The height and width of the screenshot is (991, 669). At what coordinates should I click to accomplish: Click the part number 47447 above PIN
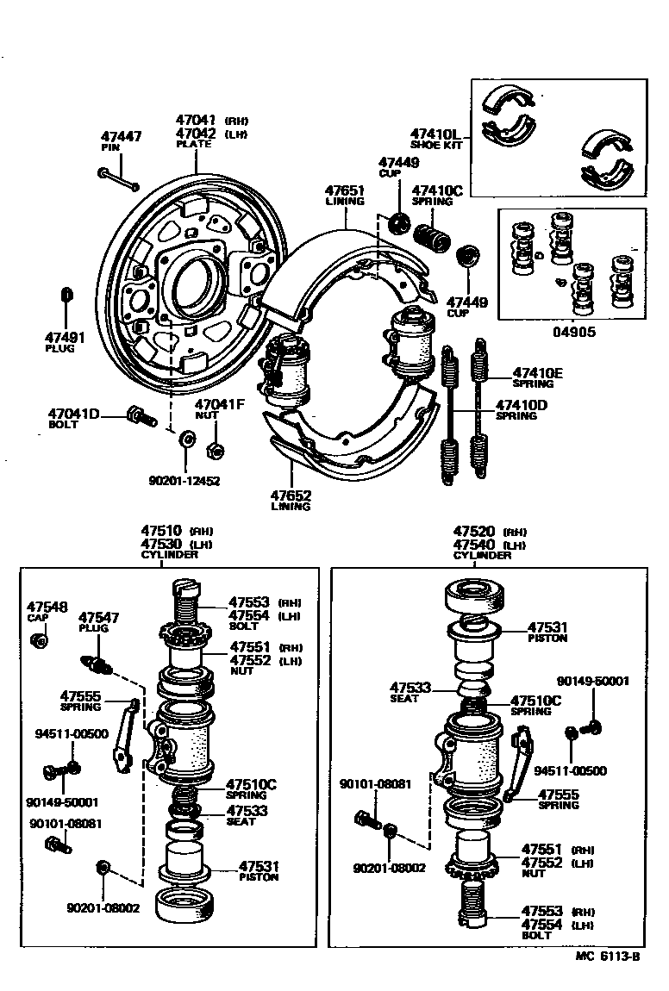[121, 136]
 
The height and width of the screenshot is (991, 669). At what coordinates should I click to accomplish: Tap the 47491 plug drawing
[67, 296]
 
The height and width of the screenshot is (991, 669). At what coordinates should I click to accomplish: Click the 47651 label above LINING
[345, 190]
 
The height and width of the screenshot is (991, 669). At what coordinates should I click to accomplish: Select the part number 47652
[291, 495]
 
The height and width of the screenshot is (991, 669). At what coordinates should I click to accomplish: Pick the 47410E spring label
[537, 373]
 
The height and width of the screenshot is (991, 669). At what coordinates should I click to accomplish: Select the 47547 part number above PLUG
[99, 618]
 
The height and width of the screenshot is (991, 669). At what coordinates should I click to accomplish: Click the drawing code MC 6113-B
[608, 956]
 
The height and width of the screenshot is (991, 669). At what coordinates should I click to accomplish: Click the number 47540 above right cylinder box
[473, 545]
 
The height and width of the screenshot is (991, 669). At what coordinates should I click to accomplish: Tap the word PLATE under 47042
[193, 144]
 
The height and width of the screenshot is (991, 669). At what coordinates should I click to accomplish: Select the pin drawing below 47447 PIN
[117, 178]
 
